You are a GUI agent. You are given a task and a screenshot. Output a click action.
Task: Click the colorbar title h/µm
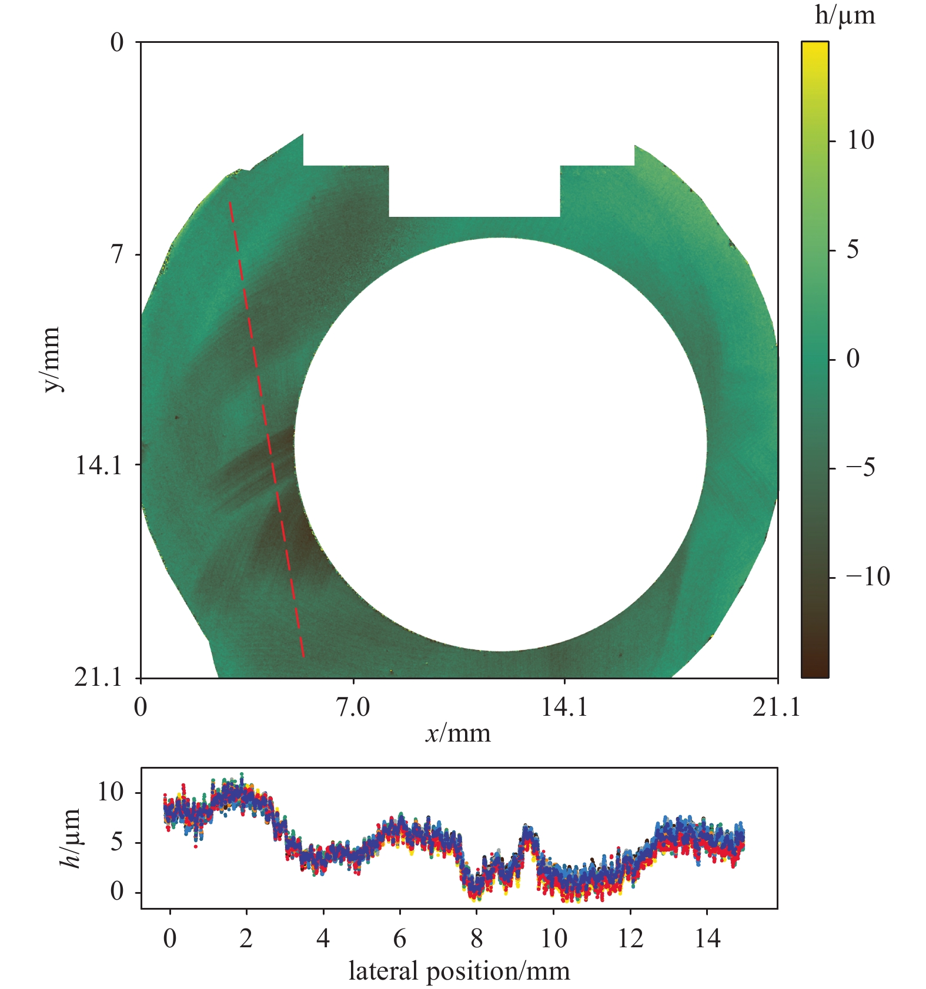[845, 16]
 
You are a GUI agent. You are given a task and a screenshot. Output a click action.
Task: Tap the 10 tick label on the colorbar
[860, 140]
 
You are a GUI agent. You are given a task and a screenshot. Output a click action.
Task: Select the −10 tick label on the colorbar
[868, 577]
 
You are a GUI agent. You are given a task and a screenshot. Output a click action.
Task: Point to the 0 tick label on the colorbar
[853, 358]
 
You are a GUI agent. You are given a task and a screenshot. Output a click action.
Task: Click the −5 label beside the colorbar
[861, 468]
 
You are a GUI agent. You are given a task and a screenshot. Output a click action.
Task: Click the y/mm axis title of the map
[52, 359]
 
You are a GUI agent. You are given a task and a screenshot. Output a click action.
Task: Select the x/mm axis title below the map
[458, 733]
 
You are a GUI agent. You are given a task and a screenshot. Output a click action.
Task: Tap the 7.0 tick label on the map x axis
[353, 707]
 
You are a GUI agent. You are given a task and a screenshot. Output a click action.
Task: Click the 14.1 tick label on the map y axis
[98, 465]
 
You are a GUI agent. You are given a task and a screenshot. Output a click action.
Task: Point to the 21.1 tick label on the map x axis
[777, 707]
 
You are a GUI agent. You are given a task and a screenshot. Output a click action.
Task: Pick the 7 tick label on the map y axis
[117, 254]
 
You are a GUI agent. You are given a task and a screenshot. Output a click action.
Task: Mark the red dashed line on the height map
[266, 429]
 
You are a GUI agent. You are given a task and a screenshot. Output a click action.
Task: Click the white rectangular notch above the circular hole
[474, 191]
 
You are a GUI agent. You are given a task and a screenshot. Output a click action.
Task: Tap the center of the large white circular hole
[500, 444]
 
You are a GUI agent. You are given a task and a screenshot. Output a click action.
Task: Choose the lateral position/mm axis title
[459, 971]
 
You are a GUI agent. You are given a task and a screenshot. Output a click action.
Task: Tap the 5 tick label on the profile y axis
[116, 842]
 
